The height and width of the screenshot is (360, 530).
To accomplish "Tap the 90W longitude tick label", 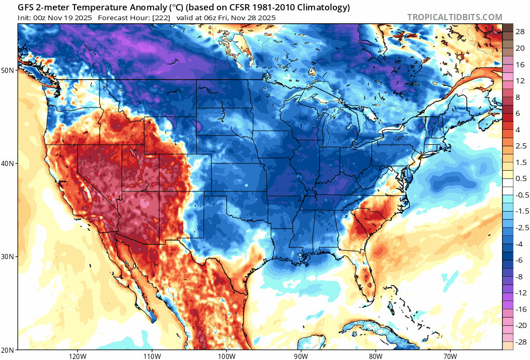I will pos(301,356).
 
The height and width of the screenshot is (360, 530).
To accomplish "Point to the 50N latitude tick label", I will pos(8,70).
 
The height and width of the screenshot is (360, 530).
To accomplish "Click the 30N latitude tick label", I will pos(8,257).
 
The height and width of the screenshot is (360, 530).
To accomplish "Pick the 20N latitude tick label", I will pos(8,350).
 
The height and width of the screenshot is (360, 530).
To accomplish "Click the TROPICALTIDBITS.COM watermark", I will pos(454,18).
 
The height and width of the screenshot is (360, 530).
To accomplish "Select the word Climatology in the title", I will pos(323,8).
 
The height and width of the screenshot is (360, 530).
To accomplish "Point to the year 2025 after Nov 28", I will pos(266,18).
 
